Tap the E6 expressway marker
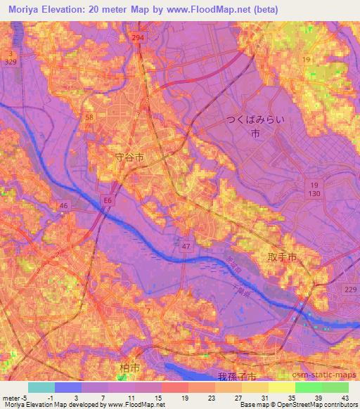point(106,200)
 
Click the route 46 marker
point(63,205)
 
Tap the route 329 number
point(11,62)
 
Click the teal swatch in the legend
point(41,387)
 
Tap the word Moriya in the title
point(27,10)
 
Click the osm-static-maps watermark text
point(330,374)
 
